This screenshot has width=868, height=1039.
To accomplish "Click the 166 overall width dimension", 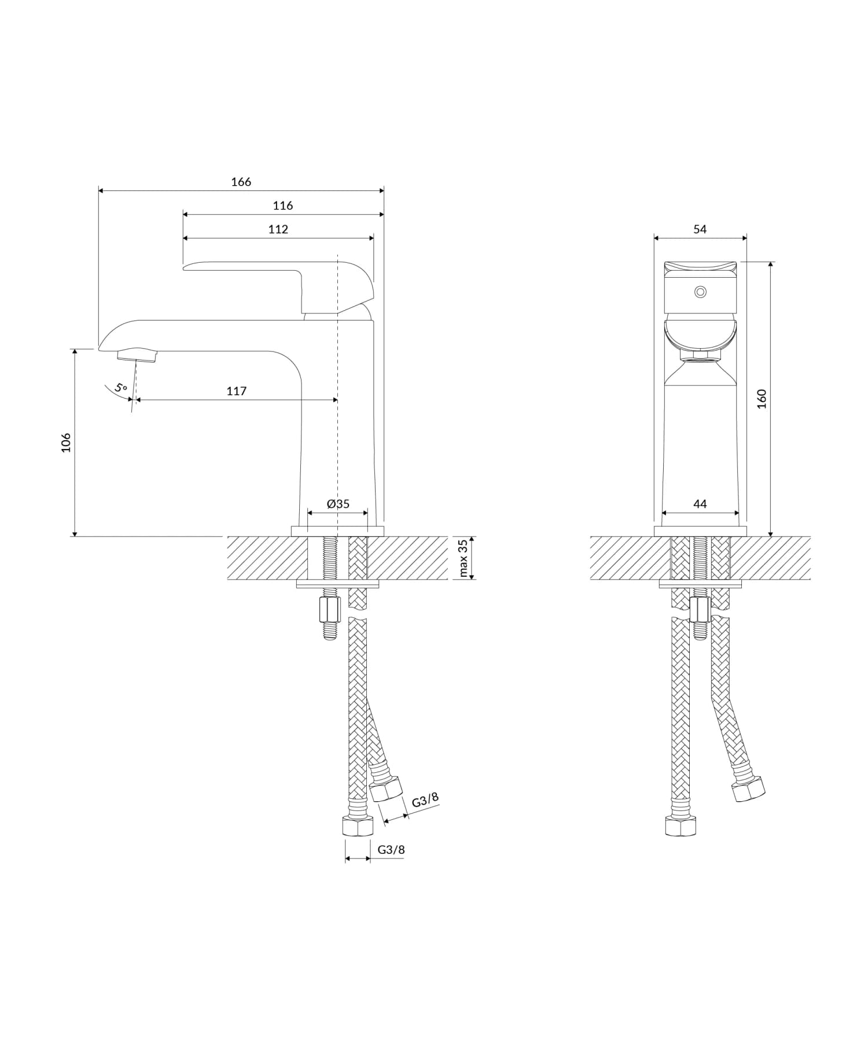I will (x=241, y=182).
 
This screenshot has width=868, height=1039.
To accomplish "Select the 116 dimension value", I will (x=283, y=205).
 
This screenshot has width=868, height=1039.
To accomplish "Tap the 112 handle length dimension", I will (x=278, y=229).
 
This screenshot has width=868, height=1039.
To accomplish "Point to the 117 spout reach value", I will (x=237, y=391).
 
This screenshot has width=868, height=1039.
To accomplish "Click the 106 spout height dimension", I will (x=66, y=442).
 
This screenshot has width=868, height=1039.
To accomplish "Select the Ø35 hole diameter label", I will (x=338, y=503).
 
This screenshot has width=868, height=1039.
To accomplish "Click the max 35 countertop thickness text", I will (x=463, y=558).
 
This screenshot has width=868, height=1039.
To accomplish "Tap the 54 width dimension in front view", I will (x=700, y=229).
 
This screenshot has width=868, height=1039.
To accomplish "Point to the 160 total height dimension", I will (x=762, y=399).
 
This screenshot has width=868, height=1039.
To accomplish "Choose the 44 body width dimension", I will (x=700, y=504).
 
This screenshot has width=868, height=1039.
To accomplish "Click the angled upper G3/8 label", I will (x=425, y=800).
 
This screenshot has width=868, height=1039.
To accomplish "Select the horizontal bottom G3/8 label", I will (x=391, y=850).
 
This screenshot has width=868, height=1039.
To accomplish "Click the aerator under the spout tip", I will (x=137, y=355).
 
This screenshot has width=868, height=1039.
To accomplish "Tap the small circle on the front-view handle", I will (x=700, y=292).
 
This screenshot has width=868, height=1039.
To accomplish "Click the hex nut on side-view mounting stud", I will (x=329, y=609).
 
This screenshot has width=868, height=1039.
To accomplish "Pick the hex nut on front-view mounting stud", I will (x=700, y=609).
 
